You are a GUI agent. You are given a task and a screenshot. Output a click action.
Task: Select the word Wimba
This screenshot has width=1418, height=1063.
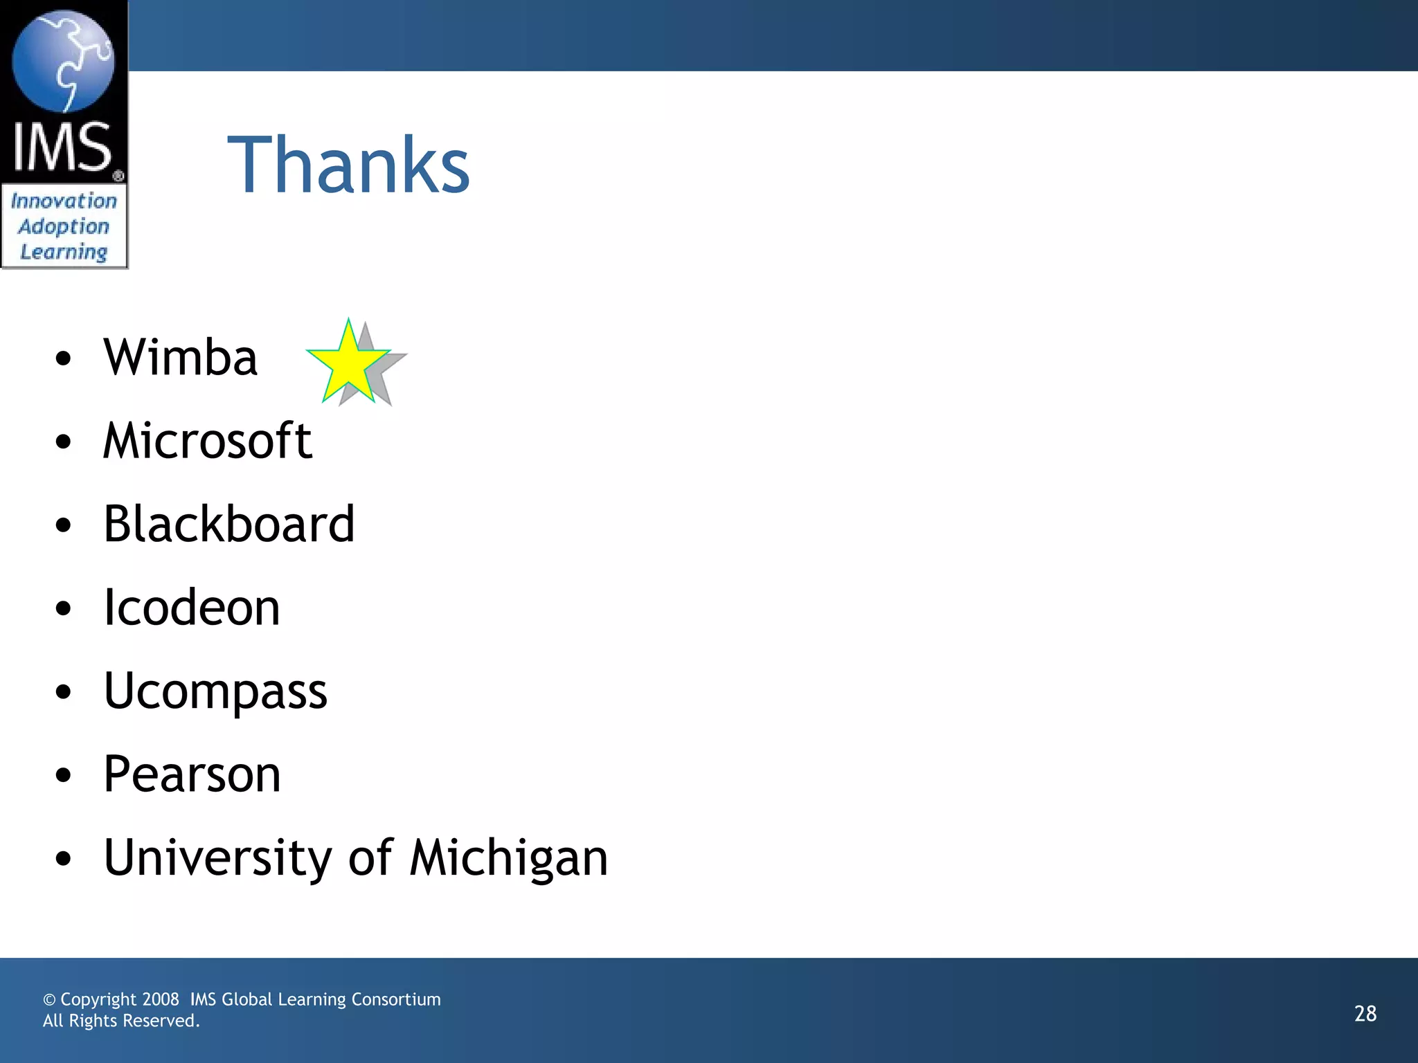(181, 358)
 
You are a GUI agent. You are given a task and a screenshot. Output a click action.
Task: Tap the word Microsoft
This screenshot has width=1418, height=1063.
(208, 441)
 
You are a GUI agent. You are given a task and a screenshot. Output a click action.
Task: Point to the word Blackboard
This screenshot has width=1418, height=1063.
(229, 524)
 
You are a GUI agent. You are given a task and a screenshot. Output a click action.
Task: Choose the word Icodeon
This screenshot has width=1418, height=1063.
(192, 608)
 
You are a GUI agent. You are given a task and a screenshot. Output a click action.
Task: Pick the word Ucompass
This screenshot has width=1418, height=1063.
(215, 691)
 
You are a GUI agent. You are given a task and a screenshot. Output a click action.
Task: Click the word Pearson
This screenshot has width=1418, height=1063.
(192, 774)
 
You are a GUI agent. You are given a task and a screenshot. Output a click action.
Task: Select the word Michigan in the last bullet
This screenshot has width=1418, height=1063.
(509, 858)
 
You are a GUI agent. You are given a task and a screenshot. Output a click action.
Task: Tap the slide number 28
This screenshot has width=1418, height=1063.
(1365, 1014)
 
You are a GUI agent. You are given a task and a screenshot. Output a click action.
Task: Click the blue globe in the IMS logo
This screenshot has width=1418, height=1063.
(63, 61)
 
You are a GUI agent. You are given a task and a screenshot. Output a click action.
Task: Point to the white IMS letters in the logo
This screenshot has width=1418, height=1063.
(62, 147)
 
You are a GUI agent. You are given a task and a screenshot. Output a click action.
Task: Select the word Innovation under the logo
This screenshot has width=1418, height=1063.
(64, 201)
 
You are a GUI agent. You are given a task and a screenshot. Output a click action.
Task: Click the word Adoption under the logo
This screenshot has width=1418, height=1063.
(64, 227)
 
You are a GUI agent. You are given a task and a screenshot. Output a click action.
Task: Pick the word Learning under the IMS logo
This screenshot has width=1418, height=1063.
(64, 252)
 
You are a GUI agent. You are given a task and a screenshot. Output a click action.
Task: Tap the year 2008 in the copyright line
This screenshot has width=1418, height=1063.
(160, 999)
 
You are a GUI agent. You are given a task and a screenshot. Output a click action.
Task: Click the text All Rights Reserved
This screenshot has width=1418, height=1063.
(121, 1021)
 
